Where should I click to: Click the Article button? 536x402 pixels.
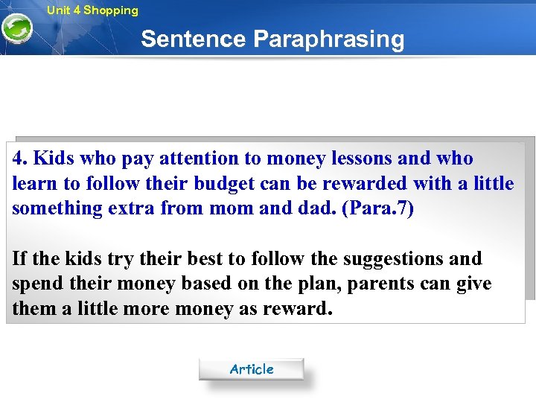251,369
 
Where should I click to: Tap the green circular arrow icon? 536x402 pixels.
16,29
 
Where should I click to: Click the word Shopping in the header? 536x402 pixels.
110,10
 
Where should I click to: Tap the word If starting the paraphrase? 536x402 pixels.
19,259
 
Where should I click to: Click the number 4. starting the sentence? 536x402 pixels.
20,159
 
